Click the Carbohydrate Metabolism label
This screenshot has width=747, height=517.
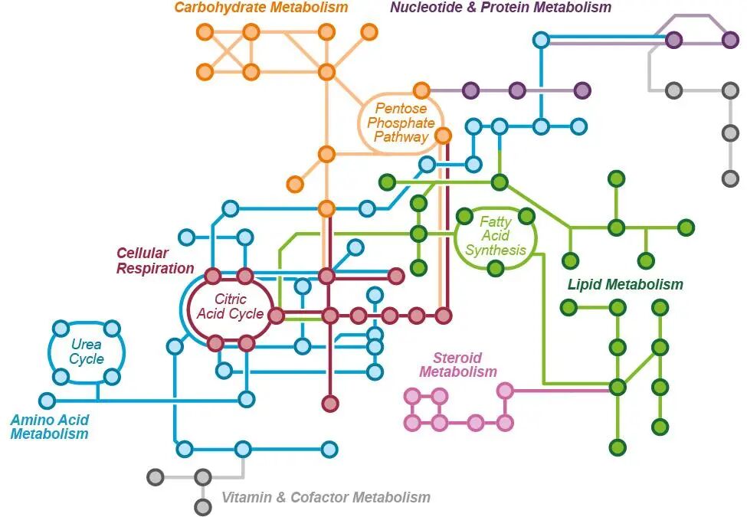(x=260, y=8)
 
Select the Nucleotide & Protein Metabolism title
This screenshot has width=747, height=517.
(x=500, y=8)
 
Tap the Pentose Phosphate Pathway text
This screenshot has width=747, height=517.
(x=401, y=123)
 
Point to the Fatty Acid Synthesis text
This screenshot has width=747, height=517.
(x=496, y=236)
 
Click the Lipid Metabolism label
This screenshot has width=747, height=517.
(x=625, y=285)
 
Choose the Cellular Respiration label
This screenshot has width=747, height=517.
(x=155, y=260)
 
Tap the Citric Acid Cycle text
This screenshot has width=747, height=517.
(x=230, y=306)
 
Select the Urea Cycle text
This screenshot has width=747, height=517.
(x=87, y=352)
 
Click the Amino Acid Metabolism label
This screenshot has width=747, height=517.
(x=49, y=427)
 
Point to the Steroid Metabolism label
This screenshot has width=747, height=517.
(x=458, y=365)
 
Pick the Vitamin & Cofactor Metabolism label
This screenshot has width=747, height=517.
(x=326, y=497)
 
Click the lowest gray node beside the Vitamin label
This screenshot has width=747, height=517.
(x=202, y=506)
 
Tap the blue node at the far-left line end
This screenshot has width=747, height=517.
(x=47, y=401)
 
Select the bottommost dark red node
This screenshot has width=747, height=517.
(x=330, y=403)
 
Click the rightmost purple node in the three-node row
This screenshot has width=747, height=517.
(x=582, y=90)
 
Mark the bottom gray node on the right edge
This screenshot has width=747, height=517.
(x=731, y=178)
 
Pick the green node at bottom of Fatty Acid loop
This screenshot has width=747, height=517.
(x=496, y=268)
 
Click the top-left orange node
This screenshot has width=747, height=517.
(x=205, y=31)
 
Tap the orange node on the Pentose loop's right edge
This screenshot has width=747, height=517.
(x=443, y=136)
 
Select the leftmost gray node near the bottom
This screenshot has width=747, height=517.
(x=155, y=477)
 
